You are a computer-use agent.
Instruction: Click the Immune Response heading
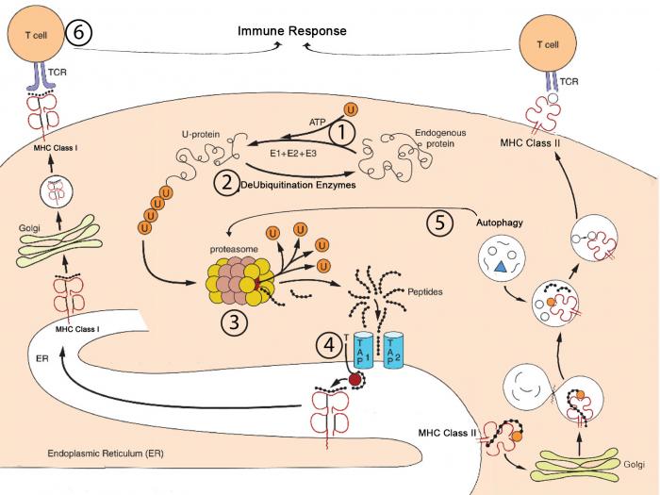293,31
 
